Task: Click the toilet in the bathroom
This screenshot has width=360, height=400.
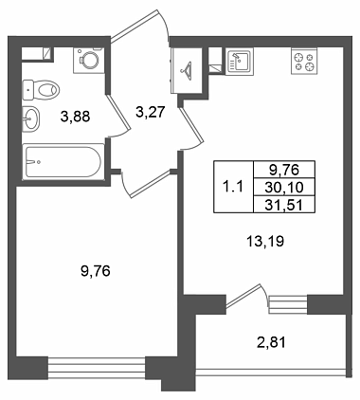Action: [x=41, y=90]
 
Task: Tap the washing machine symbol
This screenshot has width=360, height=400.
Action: [x=89, y=61]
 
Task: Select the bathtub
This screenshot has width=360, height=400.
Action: [x=63, y=161]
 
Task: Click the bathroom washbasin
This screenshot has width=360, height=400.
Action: [x=31, y=118]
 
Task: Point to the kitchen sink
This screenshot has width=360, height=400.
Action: [x=240, y=62]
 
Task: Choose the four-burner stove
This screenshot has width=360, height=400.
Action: [x=304, y=62]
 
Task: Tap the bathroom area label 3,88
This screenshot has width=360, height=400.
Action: [x=76, y=117]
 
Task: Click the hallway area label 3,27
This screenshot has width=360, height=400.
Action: [x=151, y=112]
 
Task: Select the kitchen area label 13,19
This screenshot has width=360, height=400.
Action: [x=265, y=242]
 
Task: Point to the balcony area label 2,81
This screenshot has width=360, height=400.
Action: [x=271, y=342]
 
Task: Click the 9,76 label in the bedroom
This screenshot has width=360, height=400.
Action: [x=96, y=271]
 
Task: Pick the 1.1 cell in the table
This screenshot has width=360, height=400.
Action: [x=233, y=187]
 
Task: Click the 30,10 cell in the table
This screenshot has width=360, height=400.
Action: [x=284, y=188]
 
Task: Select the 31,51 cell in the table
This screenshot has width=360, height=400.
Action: [x=284, y=205]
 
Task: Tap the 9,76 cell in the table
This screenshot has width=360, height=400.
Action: [x=284, y=171]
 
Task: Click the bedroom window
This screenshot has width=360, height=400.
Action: [x=97, y=369]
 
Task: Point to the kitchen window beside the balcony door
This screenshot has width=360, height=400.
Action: [x=288, y=304]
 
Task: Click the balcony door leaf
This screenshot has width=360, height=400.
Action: [x=244, y=296]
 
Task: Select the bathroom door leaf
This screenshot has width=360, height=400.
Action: [x=118, y=112]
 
